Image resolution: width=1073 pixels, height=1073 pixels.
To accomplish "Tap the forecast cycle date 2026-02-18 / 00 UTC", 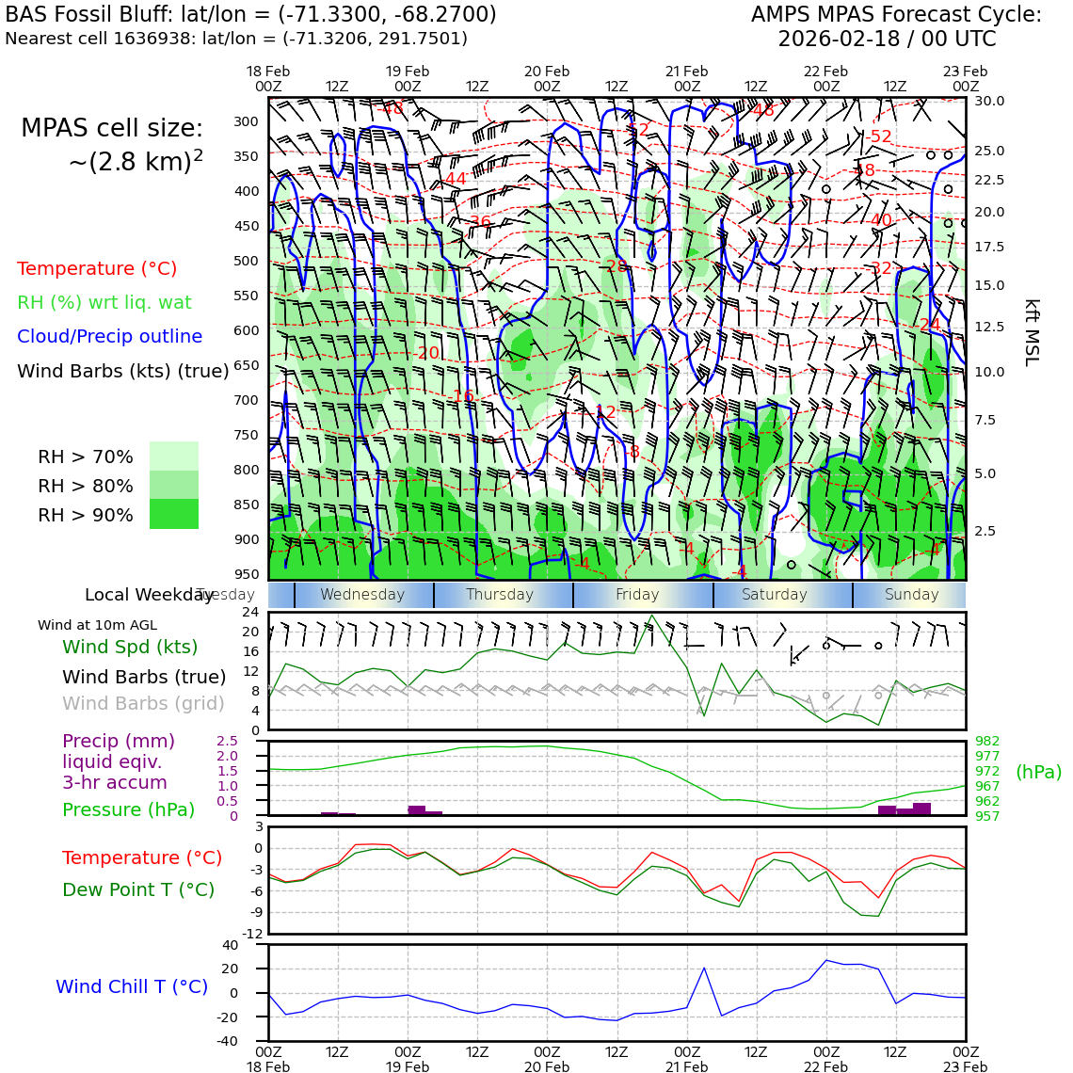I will [886, 40].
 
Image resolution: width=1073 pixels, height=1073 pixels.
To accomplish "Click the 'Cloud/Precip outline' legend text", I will [109, 337].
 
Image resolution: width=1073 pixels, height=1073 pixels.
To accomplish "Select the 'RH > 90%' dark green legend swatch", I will [174, 514].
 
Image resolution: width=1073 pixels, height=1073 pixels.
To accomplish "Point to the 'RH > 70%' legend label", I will [86, 457].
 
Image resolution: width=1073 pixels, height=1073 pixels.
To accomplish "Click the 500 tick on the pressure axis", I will [247, 261].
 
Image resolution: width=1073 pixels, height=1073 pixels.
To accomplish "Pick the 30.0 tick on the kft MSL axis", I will [989, 102].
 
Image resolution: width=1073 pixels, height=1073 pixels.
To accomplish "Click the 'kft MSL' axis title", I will [1032, 332].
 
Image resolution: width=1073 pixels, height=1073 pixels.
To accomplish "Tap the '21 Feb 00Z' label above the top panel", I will [686, 79].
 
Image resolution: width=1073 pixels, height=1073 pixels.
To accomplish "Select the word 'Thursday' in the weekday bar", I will [500, 595].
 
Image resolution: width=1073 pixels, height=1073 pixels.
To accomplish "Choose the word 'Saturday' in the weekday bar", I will [775, 595].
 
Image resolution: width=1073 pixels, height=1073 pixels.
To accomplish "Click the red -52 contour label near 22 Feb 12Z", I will [878, 137].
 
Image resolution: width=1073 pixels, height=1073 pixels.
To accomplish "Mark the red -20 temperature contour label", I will [427, 354].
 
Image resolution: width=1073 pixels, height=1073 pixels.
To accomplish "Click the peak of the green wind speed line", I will [651, 616].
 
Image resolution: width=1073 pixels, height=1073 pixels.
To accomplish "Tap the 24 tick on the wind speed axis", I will [250, 612].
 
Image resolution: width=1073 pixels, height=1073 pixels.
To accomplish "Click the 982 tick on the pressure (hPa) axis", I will [987, 742].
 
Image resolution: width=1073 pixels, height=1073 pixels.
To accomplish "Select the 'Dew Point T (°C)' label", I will [138, 890].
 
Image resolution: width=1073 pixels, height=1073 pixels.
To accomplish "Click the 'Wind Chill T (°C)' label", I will [132, 987].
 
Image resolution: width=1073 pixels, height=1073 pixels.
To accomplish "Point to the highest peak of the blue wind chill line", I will [826, 960].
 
